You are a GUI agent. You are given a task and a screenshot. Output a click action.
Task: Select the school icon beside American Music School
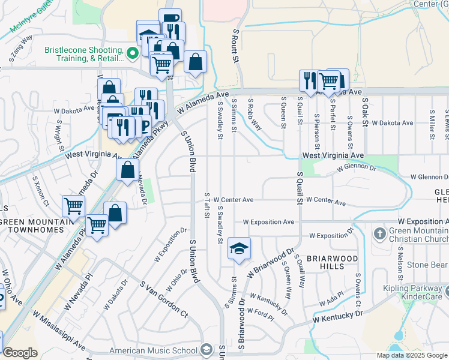tap(206, 350)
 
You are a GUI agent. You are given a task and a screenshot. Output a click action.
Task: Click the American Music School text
tap(153, 350)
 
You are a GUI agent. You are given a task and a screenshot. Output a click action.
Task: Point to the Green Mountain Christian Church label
tap(418, 237)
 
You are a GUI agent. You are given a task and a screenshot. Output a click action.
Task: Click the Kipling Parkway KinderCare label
tap(414, 292)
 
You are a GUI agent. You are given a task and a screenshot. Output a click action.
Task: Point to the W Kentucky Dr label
tap(337, 318)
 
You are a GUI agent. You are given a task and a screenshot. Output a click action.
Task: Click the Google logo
tap(20, 353)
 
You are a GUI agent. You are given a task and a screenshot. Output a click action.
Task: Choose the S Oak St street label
tap(364, 112)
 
